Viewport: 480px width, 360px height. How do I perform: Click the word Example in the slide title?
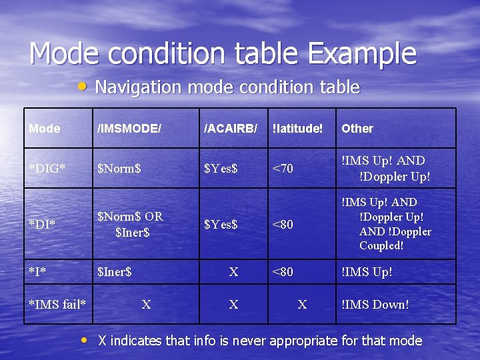[x=357, y=53]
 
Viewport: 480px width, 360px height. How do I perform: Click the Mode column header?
[x=45, y=129]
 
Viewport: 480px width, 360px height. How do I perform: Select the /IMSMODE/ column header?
[x=129, y=129]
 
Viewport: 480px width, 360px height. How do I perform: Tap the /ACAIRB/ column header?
[x=230, y=129]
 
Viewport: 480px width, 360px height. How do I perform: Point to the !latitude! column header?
[x=297, y=129]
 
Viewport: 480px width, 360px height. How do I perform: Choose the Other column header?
[x=357, y=129]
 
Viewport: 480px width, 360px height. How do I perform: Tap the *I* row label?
[x=38, y=272]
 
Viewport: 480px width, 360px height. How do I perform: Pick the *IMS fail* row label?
[x=57, y=305]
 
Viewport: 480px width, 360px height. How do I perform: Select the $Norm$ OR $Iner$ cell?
[x=131, y=224]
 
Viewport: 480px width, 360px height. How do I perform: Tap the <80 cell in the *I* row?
[x=283, y=272]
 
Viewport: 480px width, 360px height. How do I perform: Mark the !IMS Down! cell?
[x=375, y=305]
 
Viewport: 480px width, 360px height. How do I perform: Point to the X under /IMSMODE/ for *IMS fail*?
[x=146, y=305]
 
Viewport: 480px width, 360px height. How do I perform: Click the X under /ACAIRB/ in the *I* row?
[x=233, y=272]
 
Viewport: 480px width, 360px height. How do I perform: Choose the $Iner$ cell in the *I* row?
[x=115, y=272]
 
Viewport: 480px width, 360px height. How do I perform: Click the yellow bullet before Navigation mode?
[x=82, y=87]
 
